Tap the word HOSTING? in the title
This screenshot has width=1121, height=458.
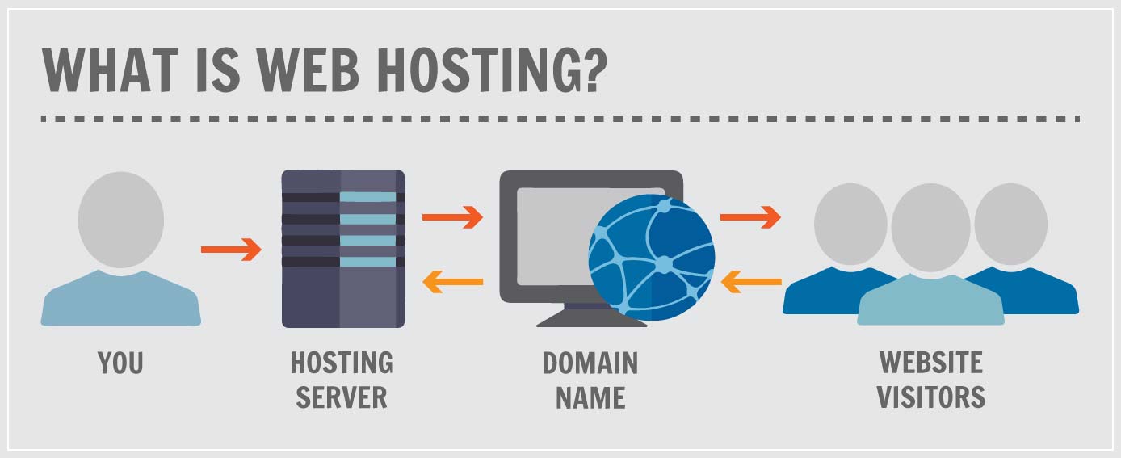coord(493,70)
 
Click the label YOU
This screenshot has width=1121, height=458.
coord(120,363)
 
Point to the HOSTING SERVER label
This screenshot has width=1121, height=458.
coord(342,380)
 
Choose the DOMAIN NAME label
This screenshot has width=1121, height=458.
coord(590,380)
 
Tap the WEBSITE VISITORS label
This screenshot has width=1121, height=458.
coord(931,380)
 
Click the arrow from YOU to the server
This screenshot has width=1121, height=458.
coord(231,250)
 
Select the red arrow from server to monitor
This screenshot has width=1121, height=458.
coord(452,216)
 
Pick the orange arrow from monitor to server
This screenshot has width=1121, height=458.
coord(452,282)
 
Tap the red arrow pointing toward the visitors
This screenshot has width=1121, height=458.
coord(750,216)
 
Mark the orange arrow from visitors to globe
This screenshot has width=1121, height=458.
coord(750,282)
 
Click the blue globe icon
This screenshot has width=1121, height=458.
coord(651,258)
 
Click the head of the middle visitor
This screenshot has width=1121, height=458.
coord(930,226)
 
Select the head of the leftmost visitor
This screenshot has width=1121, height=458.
coord(850,223)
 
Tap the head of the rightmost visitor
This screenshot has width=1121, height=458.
coord(1011,223)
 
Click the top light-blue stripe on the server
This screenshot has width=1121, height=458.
coord(368,197)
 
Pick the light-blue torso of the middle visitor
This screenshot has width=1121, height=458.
coord(930,303)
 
